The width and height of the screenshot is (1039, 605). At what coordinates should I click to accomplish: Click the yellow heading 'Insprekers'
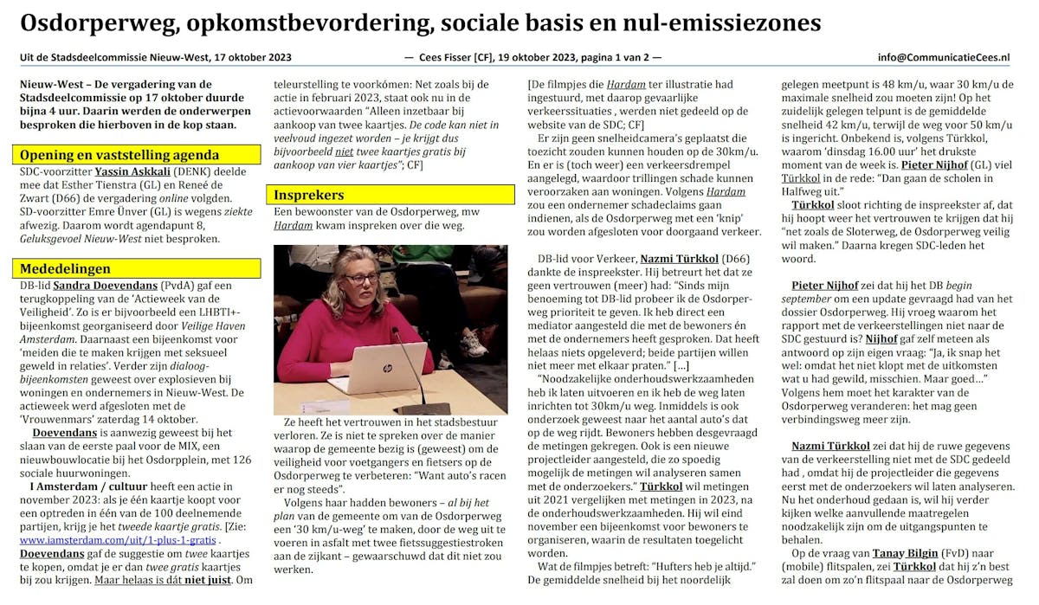[x=310, y=195]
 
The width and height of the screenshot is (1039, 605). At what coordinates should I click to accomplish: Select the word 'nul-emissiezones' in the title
[x=729, y=23]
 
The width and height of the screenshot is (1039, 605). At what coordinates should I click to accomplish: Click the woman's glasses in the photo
[x=363, y=279]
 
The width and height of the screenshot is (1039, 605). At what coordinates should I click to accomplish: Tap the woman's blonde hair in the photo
[x=353, y=263]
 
